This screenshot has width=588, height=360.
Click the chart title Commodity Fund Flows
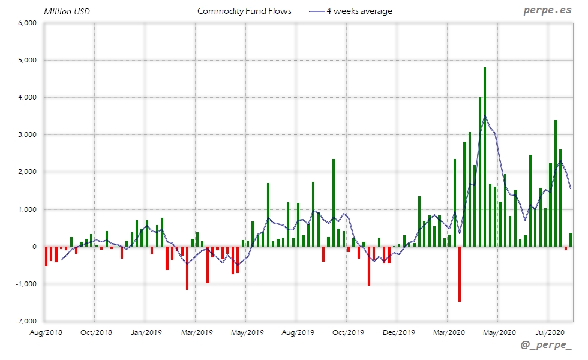(244, 11)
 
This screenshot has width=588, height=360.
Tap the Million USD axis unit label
(67, 11)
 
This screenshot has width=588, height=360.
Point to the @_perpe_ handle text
(546, 345)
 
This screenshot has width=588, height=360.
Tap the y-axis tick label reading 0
(35, 247)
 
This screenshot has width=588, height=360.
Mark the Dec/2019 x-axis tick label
(398, 332)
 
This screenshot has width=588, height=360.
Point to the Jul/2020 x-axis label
(548, 332)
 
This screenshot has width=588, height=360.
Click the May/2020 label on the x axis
(499, 332)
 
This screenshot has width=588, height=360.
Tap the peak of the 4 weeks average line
(485, 116)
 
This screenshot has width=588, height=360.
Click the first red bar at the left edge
(46, 256)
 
